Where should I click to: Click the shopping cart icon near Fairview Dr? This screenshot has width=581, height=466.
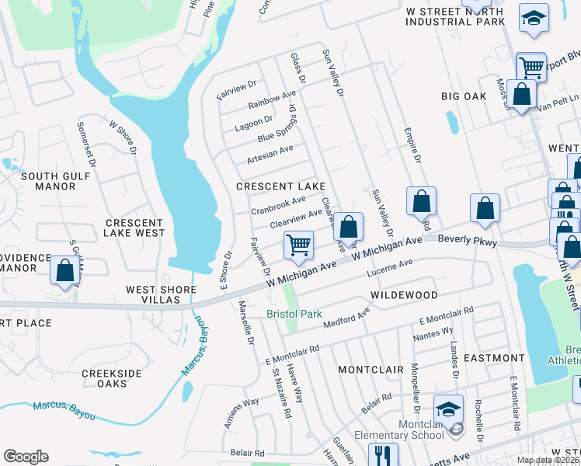pos(298,245)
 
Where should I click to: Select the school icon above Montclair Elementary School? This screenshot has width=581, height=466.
pos(449,409)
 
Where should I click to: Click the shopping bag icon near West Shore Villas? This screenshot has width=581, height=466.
pos(65,270)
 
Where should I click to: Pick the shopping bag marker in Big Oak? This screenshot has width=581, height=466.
pos(521,95)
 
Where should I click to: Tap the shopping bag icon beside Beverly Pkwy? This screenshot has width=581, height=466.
pos(485,208)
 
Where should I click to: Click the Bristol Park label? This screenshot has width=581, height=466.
pos(294,314)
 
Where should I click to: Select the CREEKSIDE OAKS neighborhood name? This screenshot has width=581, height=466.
pos(113,378)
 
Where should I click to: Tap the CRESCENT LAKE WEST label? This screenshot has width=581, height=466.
pos(135,228)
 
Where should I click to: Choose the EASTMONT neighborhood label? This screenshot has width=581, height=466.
pos(494,358)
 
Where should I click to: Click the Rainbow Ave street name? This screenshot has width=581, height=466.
pos(272,99)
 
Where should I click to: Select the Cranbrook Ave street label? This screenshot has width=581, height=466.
pos(277,205)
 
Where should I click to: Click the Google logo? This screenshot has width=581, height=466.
pos(26,457)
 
